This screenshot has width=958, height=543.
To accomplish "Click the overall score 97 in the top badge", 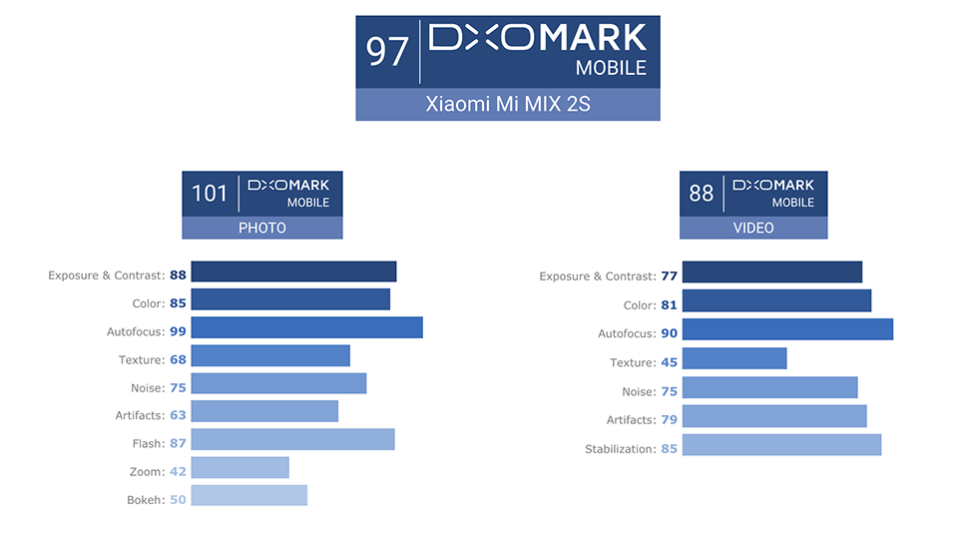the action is click(387, 51).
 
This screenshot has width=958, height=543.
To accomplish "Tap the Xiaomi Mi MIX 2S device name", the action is click(508, 104).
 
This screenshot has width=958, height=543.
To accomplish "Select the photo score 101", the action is click(210, 194).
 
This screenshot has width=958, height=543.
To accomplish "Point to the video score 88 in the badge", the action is click(701, 194).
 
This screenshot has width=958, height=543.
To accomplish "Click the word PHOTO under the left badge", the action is click(262, 228).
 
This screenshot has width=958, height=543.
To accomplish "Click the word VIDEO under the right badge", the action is click(753, 228).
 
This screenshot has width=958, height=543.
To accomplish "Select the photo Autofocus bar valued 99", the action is click(306, 327).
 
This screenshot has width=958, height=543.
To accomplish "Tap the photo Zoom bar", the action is click(240, 467).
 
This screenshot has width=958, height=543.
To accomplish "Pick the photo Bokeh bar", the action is click(249, 495).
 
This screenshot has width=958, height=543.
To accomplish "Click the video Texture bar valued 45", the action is click(734, 358).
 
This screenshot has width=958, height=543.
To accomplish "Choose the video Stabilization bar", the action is click(782, 444).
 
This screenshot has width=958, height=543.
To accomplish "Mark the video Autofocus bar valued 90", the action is click(787, 329).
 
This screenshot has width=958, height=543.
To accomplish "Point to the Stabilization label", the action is click(620, 449).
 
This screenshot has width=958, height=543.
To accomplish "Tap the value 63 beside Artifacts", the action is click(178, 415).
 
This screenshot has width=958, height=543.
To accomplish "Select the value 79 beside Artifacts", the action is click(669, 419).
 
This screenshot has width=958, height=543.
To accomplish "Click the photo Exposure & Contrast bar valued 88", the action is click(293, 271).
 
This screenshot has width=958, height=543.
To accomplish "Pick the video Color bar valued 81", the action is click(776, 300).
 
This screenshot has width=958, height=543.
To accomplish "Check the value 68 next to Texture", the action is click(178, 359).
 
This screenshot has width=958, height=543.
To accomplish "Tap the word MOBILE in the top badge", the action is click(611, 68).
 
